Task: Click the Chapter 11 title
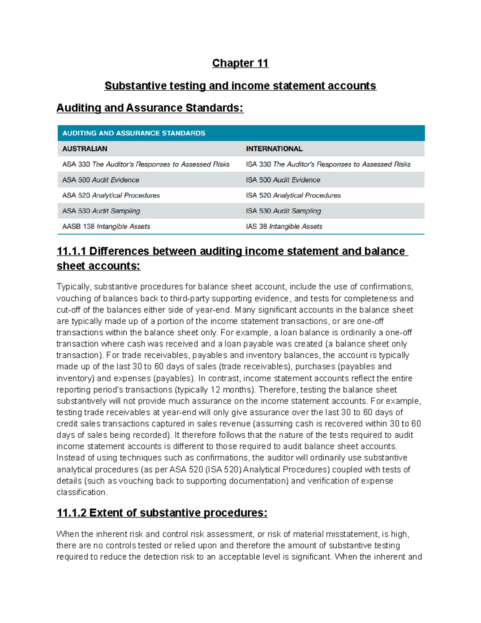tap(240, 63)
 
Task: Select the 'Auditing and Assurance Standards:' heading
tap(150, 108)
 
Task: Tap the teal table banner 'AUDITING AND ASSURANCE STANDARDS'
tap(134, 133)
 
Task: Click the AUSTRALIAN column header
tap(85, 149)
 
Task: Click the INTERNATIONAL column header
tap(274, 149)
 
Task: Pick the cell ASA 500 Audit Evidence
tap(101, 180)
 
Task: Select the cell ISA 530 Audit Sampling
tap(283, 211)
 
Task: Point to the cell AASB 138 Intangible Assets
tap(106, 227)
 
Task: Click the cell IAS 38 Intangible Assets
tap(284, 227)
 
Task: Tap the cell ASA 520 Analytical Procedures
tap(111, 195)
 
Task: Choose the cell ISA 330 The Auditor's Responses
tap(328, 164)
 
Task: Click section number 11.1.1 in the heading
tap(71, 251)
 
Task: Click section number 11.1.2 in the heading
tap(71, 513)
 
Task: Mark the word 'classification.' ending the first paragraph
tap(82, 492)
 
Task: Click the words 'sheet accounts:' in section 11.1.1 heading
tap(98, 266)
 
